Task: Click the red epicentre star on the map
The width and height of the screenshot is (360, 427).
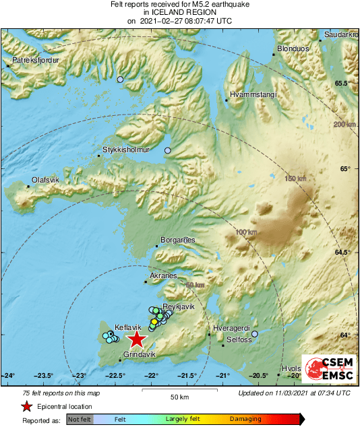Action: click(137, 339)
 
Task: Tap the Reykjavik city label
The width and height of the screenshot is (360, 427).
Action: click(179, 306)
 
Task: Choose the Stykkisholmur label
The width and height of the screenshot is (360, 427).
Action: click(125, 150)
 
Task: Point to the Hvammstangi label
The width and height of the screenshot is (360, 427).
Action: click(253, 96)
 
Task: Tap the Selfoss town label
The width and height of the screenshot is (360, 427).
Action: click(239, 340)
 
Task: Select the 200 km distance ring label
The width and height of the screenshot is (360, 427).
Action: click(344, 125)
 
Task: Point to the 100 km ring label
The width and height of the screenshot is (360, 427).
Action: click(247, 232)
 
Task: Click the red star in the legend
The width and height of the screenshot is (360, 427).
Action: click(26, 406)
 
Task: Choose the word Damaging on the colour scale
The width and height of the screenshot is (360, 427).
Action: click(245, 418)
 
